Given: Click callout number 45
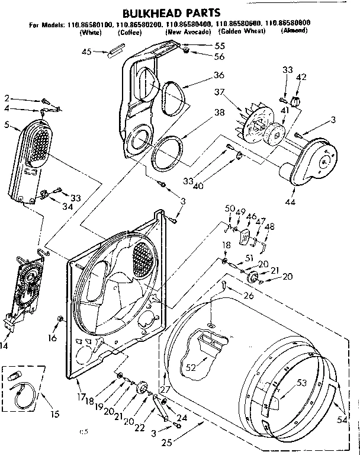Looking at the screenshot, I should click(86, 52).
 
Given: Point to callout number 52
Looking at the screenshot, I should click(190, 368).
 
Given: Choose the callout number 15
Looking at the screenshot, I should click(54, 414).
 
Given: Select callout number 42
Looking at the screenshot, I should click(301, 78).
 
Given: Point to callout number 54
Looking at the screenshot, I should click(341, 402).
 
